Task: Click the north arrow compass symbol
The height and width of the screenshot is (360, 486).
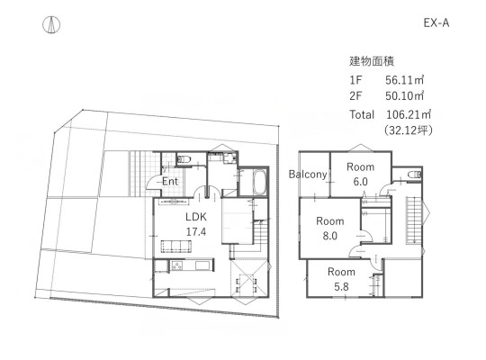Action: coord(51,24)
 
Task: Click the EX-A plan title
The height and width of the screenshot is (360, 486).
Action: coord(436,22)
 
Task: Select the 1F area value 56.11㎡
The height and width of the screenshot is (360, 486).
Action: coord(404,80)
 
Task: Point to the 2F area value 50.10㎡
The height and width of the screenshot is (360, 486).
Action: coord(404,95)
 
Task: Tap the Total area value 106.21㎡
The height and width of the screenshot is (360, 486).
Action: coord(409,114)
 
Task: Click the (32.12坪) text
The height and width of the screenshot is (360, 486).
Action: coord(409,130)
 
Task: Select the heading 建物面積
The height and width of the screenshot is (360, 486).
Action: coord(372,61)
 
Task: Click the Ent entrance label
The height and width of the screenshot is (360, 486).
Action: coord(170,182)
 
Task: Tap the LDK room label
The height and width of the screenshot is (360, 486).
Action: coord(196,217)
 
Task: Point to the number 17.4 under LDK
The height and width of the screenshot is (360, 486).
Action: coord(196,231)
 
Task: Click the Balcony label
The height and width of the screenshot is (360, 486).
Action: coord(308,175)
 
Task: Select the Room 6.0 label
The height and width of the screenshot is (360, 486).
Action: coord(361,174)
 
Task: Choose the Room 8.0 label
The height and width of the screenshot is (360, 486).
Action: coord(330,229)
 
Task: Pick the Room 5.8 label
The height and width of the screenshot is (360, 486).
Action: coord(341,279)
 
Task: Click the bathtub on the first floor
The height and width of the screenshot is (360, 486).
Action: coord(260,183)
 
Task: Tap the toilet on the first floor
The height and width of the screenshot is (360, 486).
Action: coord(184,159)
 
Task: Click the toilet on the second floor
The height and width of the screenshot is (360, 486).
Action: coord(415,175)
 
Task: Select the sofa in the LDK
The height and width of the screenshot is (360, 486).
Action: coord(175,247)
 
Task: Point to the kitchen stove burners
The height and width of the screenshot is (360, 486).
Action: coord(177,265)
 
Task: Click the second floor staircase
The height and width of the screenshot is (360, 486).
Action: coord(413,220)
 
